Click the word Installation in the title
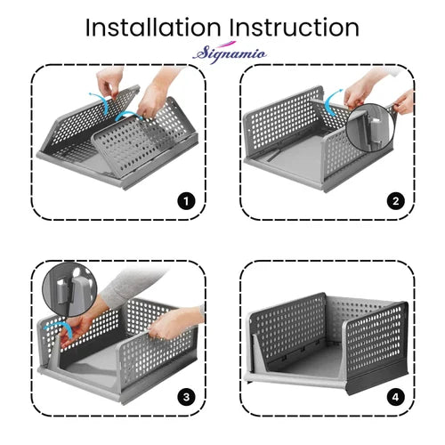click(150, 27)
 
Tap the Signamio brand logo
click(222, 53)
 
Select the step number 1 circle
click(187, 200)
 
